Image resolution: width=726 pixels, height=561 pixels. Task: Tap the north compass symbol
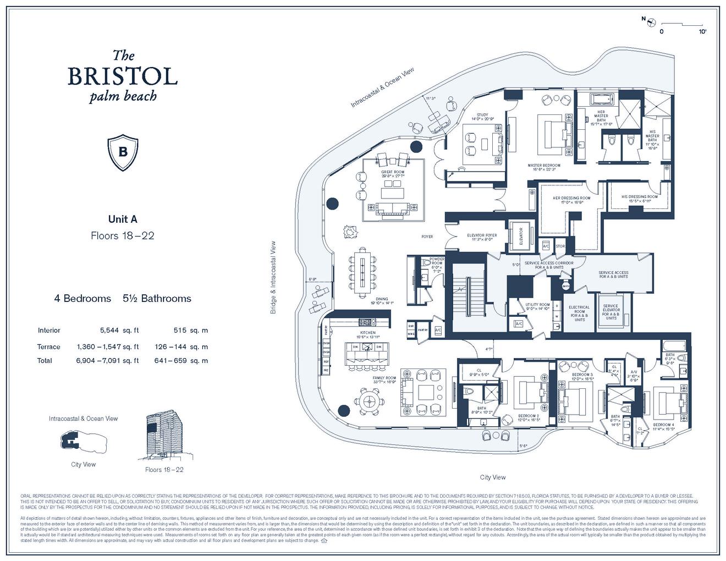tap(651, 21)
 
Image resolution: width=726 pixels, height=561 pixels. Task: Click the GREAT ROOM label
tap(392, 172)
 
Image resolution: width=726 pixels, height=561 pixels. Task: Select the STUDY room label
tap(482, 116)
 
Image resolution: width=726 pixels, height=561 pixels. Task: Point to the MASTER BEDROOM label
tap(543, 166)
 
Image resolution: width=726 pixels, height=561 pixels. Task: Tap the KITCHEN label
tap(367, 333)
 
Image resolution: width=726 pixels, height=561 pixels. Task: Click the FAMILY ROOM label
tap(384, 378)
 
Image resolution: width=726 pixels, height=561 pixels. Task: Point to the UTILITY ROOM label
tap(537, 305)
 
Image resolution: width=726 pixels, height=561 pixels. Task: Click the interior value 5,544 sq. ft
tap(119, 331)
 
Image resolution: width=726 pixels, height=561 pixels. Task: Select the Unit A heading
tap(122, 219)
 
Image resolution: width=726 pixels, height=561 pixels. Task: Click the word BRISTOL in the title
tap(122, 76)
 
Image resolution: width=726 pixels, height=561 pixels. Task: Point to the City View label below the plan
tap(492, 477)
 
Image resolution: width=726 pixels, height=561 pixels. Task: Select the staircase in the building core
tap(467, 297)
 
